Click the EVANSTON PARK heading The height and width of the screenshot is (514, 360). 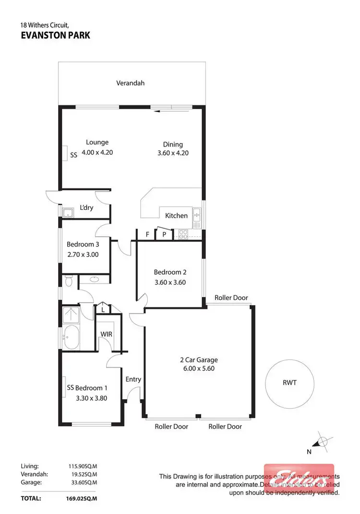tap(55, 35)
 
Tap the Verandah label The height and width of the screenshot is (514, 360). tap(130, 83)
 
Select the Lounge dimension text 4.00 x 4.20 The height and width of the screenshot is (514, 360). tap(97, 152)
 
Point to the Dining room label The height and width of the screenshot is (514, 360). tap(173, 144)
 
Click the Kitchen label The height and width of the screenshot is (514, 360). tap(176, 216)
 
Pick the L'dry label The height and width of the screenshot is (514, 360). tap(86, 208)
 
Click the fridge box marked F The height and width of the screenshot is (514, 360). tap(148, 234)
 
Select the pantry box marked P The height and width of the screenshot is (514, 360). tap(164, 234)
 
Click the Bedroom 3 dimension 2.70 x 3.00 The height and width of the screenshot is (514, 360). tap(82, 255)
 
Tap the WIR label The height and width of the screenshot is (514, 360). tap(106, 334)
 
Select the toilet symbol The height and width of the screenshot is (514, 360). tap(68, 281)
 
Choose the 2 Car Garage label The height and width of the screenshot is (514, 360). tap(199, 359)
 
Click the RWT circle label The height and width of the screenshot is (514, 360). tap(289, 383)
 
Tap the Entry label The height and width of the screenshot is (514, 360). tap(133, 379)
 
